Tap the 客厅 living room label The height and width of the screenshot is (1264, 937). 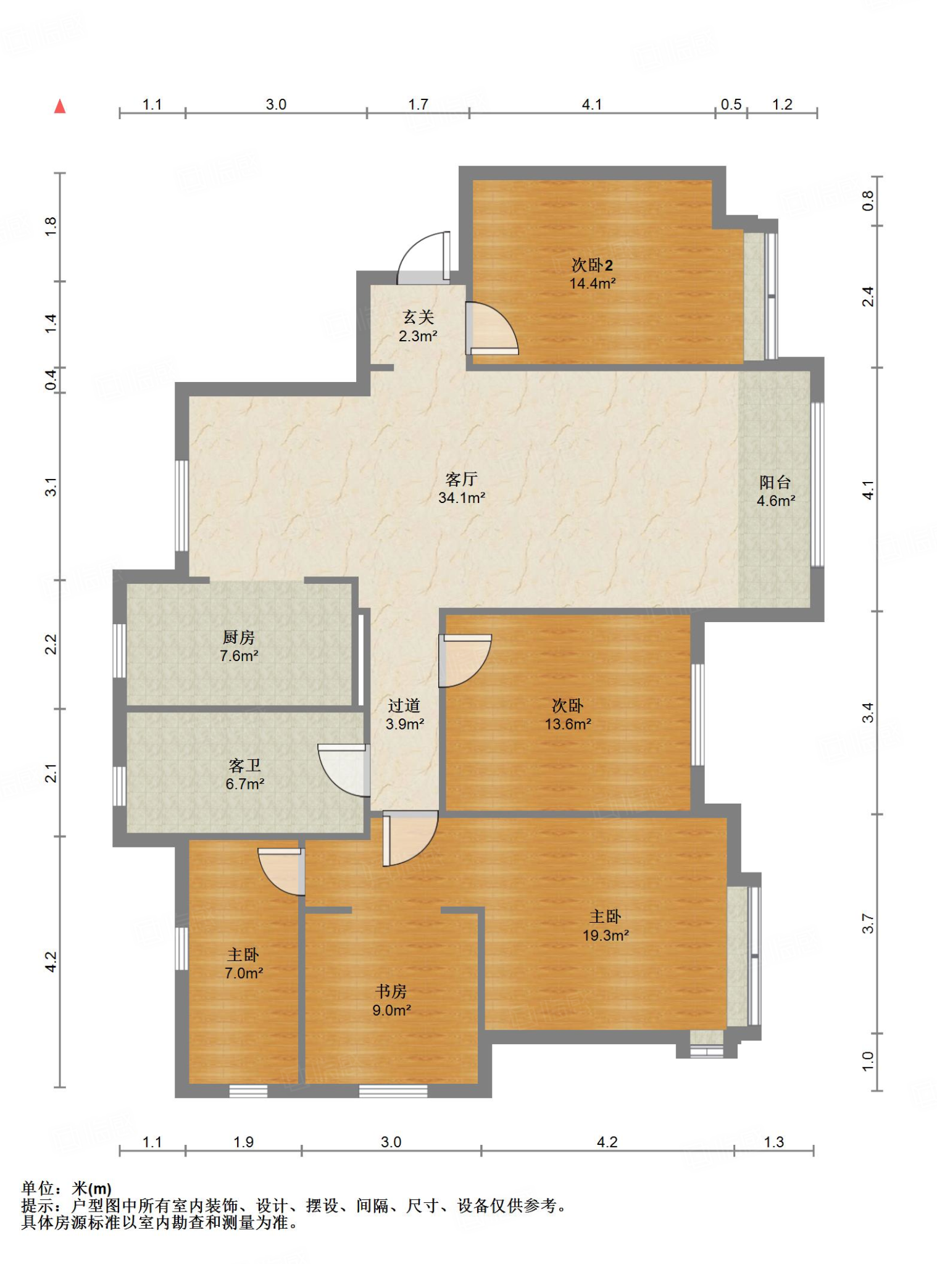461,479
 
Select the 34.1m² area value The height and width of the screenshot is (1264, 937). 462,497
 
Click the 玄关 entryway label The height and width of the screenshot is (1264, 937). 419,317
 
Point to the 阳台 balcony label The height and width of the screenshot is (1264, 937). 775,482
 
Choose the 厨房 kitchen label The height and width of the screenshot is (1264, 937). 239,637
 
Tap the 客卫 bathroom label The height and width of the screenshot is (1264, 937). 245,765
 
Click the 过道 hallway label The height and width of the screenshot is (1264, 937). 404,705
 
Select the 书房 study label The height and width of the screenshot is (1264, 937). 391,991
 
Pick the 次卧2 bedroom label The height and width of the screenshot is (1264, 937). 592,265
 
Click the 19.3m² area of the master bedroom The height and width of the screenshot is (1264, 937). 606,935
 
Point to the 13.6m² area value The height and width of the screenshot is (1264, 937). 568,724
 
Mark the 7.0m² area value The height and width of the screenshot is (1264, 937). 244,973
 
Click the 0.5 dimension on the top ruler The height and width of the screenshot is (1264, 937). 731,104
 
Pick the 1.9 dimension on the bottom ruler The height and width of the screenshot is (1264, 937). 243,1142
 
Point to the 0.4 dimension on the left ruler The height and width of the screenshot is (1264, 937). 51,379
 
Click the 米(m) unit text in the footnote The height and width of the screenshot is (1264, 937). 92,1188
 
